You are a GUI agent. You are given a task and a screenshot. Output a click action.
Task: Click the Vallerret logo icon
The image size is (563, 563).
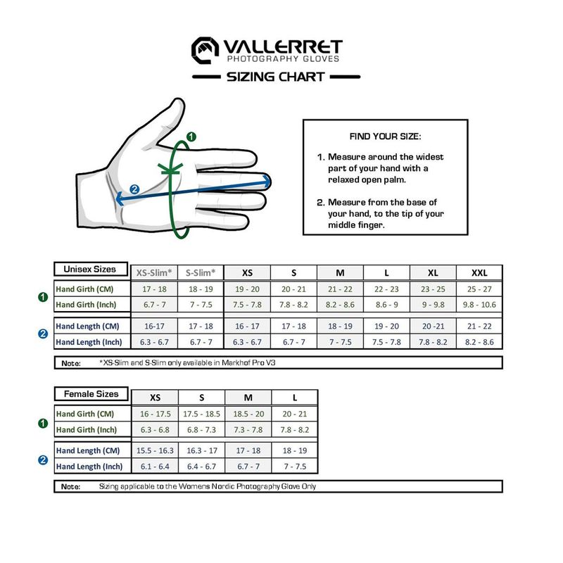pyautogui.click(x=205, y=49)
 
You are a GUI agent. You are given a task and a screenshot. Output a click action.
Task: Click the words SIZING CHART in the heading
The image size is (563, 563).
pyautogui.click(x=275, y=77)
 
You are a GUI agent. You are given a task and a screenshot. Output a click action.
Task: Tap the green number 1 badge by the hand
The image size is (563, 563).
pyautogui.click(x=191, y=136)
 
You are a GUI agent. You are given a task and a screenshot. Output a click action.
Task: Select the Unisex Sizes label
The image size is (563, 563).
pyautogui.click(x=90, y=269)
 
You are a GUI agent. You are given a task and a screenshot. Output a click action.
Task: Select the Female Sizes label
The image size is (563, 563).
pyautogui.click(x=90, y=393)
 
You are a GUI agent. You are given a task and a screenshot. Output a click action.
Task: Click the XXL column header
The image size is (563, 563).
pyautogui.click(x=479, y=273)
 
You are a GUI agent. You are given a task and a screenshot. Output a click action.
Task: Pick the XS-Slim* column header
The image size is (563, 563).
pyautogui.click(x=153, y=273)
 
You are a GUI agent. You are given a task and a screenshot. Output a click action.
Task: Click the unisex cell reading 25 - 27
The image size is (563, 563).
pyautogui.click(x=479, y=289)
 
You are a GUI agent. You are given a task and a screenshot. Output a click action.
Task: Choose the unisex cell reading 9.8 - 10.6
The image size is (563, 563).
pyautogui.click(x=479, y=305)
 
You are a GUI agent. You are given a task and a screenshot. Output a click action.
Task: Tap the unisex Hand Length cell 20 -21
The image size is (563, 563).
pyautogui.click(x=433, y=327)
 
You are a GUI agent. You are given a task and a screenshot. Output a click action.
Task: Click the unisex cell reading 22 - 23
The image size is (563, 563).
pyautogui.click(x=386, y=289)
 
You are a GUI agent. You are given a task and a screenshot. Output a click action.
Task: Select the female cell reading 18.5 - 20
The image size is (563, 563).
pyautogui.click(x=248, y=415)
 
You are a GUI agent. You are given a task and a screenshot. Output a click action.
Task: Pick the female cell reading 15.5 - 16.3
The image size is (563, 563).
pyautogui.click(x=154, y=451)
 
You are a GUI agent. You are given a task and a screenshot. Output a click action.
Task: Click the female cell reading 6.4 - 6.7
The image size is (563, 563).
pyautogui.click(x=201, y=467)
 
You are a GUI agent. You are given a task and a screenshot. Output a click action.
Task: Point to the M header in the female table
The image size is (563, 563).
pyautogui.click(x=248, y=398)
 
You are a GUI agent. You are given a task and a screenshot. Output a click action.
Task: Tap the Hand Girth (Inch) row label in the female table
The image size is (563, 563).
pyautogui.click(x=90, y=430)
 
